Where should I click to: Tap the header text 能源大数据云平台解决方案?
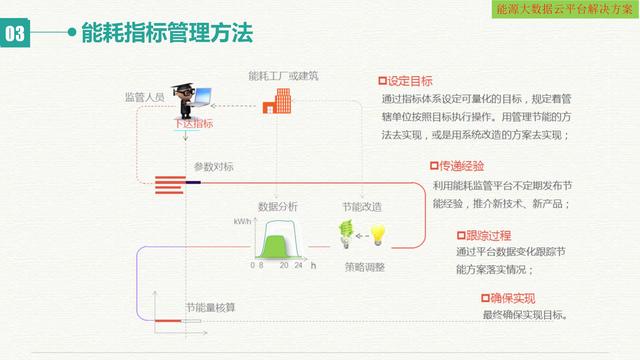pyautogui.click(x=564, y=8)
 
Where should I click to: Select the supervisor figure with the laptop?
pyautogui.click(x=191, y=99)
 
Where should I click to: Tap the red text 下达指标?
pyautogui.click(x=193, y=124)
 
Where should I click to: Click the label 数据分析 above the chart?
pyautogui.click(x=276, y=206)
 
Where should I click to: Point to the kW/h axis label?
pyautogui.click(x=243, y=221)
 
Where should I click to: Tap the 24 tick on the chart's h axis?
pyautogui.click(x=298, y=267)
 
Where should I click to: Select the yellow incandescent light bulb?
pyautogui.click(x=378, y=235)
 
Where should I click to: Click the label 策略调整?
pyautogui.click(x=364, y=267)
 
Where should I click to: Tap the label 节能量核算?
pyautogui.click(x=207, y=306)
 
